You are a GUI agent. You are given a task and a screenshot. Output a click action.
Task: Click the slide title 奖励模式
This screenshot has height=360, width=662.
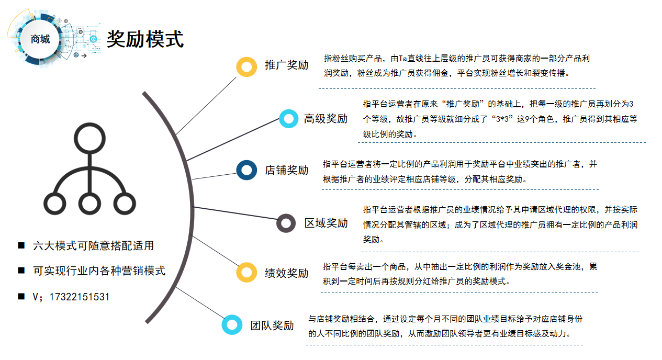coord(145,39)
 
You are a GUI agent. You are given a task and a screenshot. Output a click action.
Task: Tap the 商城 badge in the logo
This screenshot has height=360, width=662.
coord(40,39)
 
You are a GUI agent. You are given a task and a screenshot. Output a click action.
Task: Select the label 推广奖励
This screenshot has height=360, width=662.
coord(286,65)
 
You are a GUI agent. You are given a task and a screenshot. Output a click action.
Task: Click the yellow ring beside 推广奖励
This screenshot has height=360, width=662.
coord(246,66)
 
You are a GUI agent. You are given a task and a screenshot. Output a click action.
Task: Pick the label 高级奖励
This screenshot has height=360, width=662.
coord(326,119)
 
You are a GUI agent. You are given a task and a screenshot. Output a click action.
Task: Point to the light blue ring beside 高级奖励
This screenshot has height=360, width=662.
coord(289,119)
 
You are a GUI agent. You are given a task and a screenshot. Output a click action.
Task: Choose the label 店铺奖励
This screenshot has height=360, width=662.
coord(286,170)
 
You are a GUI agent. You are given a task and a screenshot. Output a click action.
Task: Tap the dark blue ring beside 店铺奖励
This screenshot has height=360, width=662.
coord(246,170)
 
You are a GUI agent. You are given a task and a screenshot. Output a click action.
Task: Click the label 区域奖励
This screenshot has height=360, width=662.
coord(326,223)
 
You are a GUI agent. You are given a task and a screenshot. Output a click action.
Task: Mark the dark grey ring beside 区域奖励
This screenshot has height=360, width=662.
coord(286,223)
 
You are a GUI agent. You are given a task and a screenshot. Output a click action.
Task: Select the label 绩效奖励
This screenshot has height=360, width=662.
coord(286,273)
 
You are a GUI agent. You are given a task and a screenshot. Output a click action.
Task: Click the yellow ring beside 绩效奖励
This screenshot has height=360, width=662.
coord(246,273)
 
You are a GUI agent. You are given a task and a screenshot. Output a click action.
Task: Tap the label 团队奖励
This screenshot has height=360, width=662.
coord(272,325)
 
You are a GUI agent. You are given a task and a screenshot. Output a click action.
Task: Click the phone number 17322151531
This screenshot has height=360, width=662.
coord(79,297)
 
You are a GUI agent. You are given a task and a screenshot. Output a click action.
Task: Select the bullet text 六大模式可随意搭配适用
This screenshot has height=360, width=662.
coord(93,245)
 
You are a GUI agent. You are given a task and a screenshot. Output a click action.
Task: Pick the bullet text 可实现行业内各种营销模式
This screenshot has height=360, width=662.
coord(99,271)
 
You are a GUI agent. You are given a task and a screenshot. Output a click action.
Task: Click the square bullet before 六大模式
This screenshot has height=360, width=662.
coord(21,245)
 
